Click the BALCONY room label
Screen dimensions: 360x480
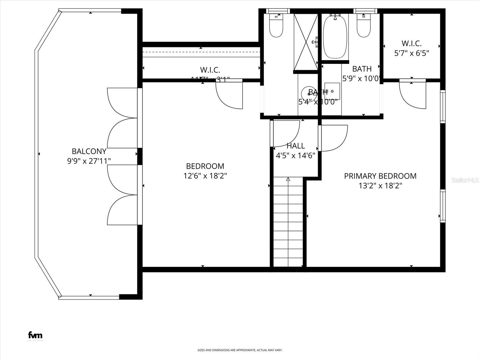[89, 151]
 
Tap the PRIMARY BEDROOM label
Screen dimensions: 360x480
[380, 176]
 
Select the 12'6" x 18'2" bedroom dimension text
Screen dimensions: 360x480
[205, 176]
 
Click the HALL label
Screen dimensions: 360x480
[295, 146]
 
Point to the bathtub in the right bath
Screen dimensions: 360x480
[335, 37]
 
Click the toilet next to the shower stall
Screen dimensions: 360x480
[276, 27]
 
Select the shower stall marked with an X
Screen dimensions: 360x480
[306, 42]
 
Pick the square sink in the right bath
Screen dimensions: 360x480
[332, 91]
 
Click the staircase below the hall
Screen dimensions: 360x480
[288, 222]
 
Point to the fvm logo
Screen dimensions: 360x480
[35, 335]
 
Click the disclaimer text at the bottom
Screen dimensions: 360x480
[240, 350]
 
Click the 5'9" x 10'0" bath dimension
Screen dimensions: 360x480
[361, 79]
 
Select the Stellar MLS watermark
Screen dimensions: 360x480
[465, 180]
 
